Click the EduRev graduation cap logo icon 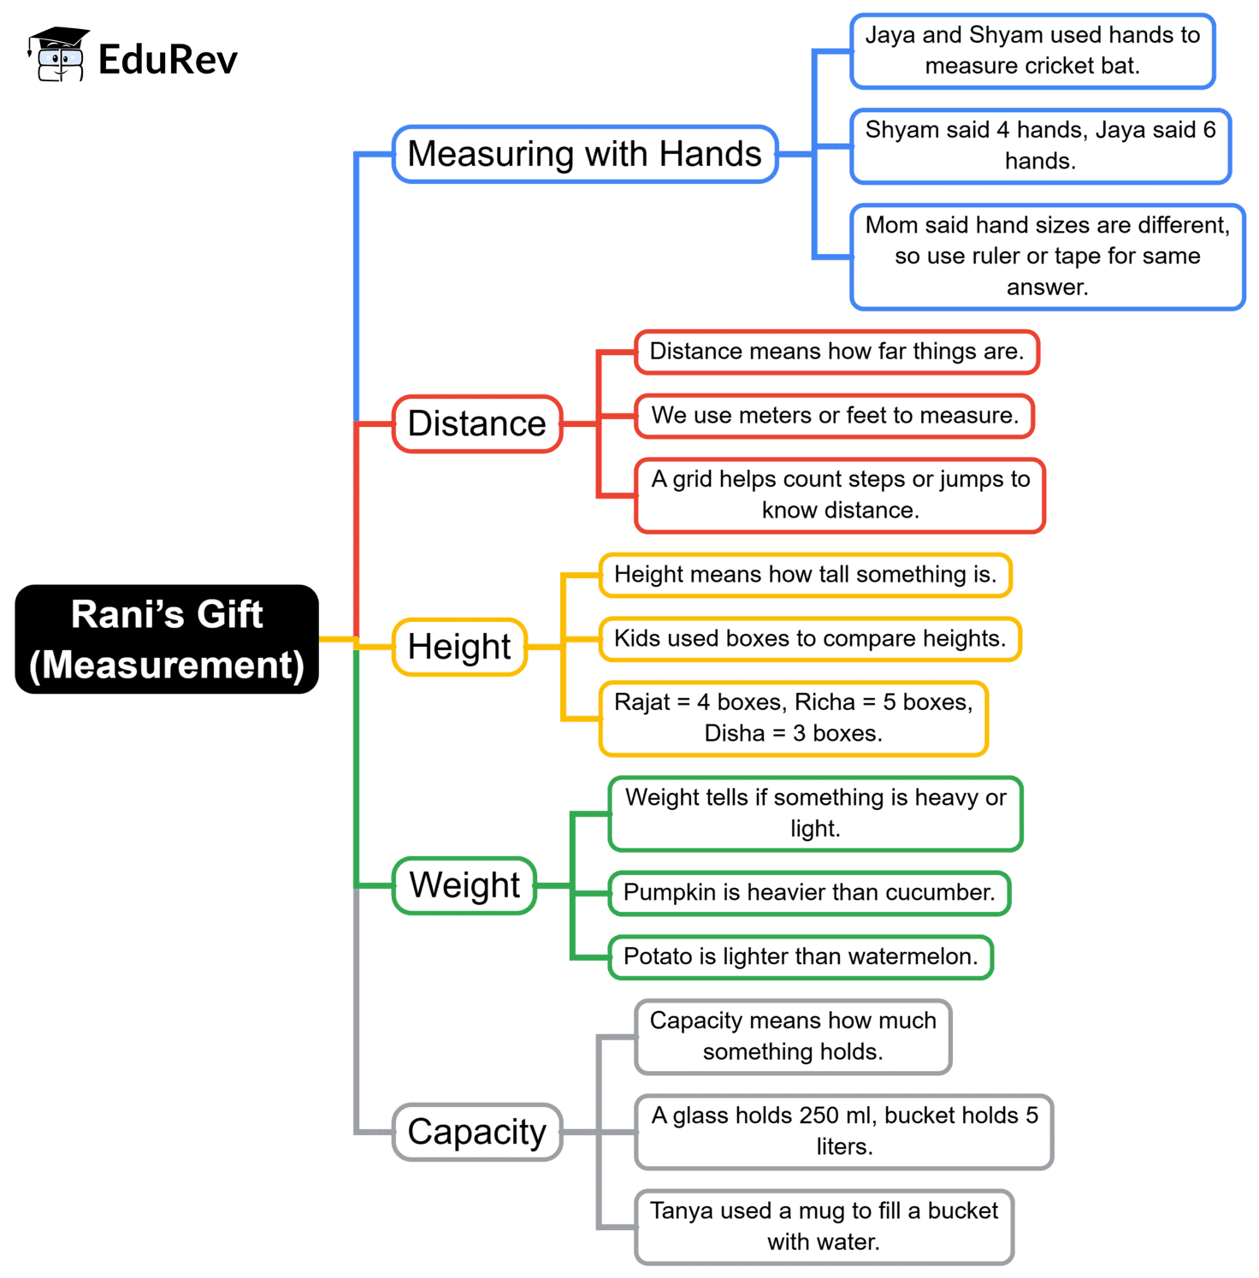58,55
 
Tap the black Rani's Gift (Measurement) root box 167,639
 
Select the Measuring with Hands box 584,154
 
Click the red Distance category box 476,423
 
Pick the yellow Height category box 459,647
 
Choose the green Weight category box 464,885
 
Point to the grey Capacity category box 476,1132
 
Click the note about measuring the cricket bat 1032,50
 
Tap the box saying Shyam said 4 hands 1040,145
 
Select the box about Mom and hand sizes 1047,256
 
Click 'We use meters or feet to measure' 835,416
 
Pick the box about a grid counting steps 840,495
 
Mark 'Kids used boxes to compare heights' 810,639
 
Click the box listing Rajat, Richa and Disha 793,718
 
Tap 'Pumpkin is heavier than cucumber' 809,893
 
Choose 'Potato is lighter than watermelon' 801,956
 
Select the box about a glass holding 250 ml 844,1131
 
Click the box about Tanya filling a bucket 824,1226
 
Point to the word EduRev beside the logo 168,59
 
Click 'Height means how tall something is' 805,575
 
